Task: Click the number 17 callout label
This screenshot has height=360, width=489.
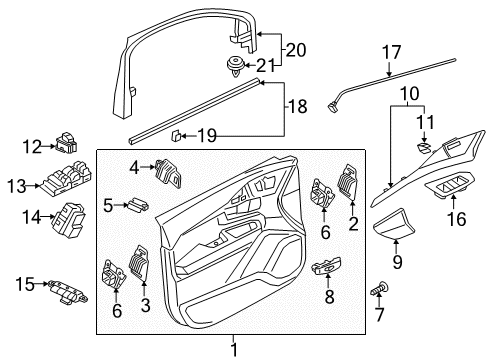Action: coord(391,53)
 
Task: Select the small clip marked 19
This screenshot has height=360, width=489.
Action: coord(176,136)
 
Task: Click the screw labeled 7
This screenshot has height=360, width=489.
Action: coord(380,288)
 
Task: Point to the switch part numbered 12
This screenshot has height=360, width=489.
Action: coord(67,142)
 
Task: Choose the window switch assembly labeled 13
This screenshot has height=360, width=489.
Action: coord(66,178)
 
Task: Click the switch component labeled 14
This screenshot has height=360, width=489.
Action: coord(69,219)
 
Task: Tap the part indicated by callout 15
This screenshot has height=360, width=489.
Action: coord(68,292)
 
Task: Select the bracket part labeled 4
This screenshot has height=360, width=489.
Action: coord(168,173)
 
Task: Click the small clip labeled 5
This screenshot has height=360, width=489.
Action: coord(137,204)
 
